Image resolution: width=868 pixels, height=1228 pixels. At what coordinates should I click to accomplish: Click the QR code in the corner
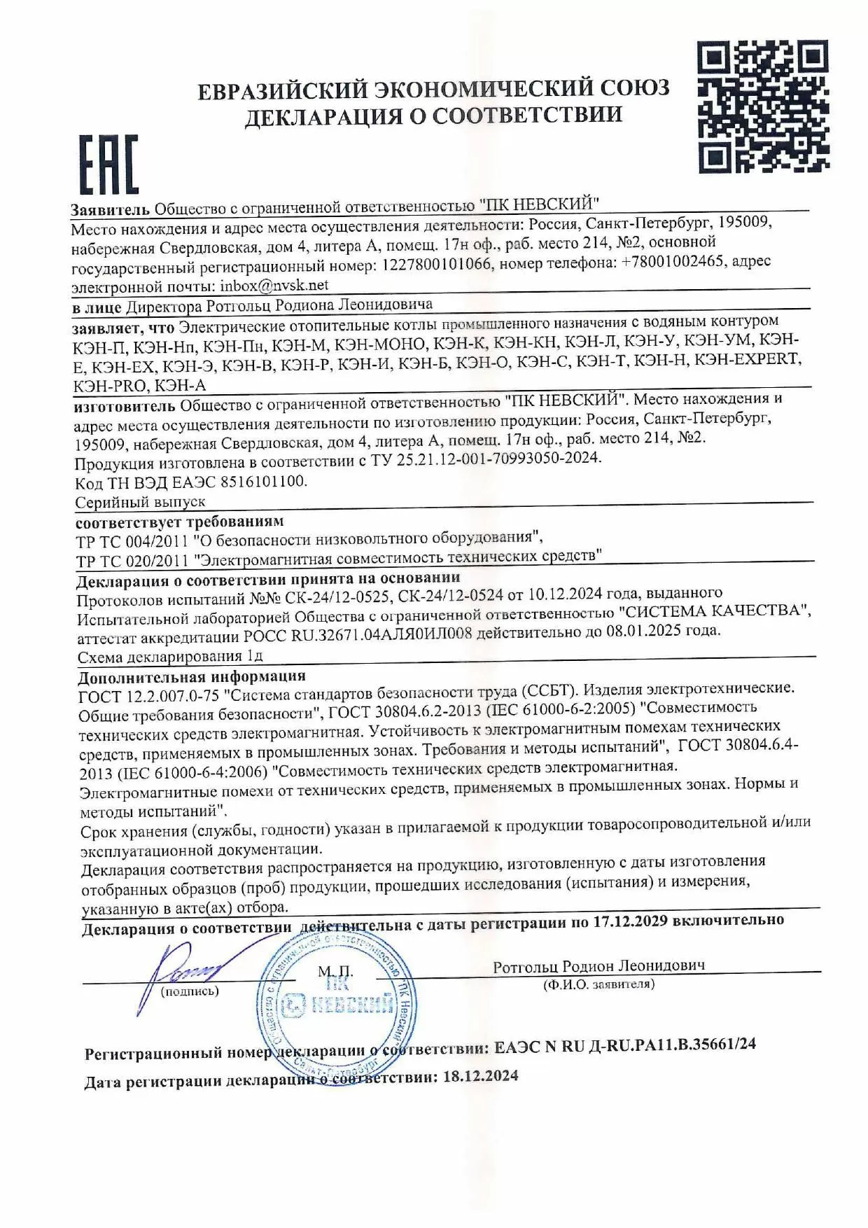click(764, 106)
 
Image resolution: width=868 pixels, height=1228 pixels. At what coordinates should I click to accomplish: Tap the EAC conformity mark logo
click(108, 165)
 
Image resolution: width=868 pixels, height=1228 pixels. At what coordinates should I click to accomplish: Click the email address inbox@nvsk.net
click(274, 286)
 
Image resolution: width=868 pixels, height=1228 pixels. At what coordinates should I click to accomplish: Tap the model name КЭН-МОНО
click(379, 344)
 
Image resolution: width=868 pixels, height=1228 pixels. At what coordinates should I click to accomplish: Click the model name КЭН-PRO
click(110, 386)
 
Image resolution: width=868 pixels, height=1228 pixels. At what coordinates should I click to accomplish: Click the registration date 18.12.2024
click(480, 1076)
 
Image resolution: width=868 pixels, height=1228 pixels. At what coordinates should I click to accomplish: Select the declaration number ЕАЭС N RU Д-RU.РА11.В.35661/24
click(624, 1045)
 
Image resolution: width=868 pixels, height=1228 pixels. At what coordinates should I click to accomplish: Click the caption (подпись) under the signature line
click(190, 991)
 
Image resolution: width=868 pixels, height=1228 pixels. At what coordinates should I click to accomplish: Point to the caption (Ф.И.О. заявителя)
click(598, 984)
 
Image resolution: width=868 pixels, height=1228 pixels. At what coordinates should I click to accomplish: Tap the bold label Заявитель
click(110, 209)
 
